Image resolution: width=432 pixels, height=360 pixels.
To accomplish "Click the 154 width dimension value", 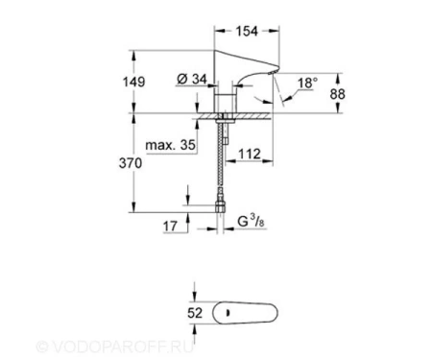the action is (247, 31).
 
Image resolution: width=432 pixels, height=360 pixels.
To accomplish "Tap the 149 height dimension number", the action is (134, 82).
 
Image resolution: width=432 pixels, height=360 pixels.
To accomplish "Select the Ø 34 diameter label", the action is (192, 79).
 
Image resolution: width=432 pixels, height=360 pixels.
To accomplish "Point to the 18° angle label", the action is (308, 84).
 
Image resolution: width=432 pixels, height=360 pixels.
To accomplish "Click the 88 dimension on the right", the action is (338, 94).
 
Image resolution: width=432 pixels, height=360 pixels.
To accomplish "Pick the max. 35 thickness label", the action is (170, 145).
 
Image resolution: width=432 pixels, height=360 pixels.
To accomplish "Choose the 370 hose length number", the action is (131, 163).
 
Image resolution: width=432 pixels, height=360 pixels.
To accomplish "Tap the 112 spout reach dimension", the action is (250, 154).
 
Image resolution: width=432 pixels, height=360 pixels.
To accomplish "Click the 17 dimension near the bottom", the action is (170, 227).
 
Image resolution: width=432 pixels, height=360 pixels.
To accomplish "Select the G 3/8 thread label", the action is (252, 222).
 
